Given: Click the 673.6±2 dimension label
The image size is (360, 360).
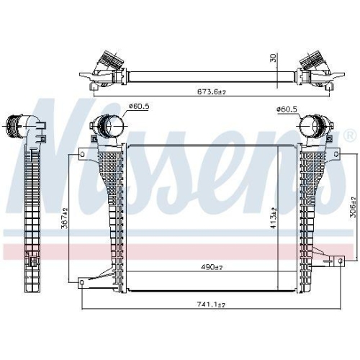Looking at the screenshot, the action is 212,91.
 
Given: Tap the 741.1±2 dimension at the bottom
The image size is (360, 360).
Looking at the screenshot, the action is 211,305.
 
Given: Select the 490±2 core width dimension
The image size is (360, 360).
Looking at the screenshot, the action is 211,266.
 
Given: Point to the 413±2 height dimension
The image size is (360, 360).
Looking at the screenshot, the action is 274,218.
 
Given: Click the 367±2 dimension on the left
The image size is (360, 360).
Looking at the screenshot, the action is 65,218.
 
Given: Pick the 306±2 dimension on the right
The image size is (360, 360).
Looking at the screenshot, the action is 353,207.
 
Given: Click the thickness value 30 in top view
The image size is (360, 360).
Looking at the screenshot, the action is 274,58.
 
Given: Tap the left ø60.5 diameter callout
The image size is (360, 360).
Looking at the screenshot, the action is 139,106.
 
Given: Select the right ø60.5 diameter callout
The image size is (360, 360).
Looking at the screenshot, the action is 287,109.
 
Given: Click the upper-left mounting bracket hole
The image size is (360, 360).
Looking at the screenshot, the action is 82,154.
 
